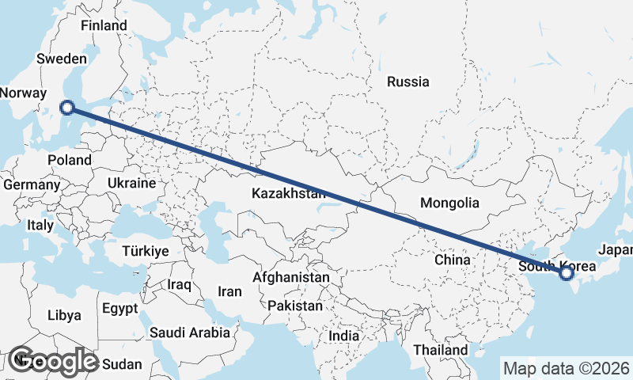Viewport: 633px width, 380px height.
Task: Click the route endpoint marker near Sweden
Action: point(68,108)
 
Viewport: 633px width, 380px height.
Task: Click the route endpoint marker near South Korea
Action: point(566,274)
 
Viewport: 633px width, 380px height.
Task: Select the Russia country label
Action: point(408,82)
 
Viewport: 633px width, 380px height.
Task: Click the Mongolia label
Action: point(449,203)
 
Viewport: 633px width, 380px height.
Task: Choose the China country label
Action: point(453,259)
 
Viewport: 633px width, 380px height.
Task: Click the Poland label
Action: point(69,159)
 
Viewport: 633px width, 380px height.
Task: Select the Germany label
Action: point(32,184)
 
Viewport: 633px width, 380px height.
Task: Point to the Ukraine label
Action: point(132,183)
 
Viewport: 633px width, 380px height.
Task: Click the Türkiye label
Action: point(146,251)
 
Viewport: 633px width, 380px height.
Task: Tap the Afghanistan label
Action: point(290,278)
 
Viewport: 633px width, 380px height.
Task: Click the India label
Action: point(343,336)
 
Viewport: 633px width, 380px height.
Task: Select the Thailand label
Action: point(440,349)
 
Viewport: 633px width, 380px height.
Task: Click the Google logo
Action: point(53,361)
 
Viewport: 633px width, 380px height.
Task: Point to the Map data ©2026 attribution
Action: point(566,368)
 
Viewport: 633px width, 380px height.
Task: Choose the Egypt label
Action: point(119,308)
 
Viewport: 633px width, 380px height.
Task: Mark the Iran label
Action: point(229,291)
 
